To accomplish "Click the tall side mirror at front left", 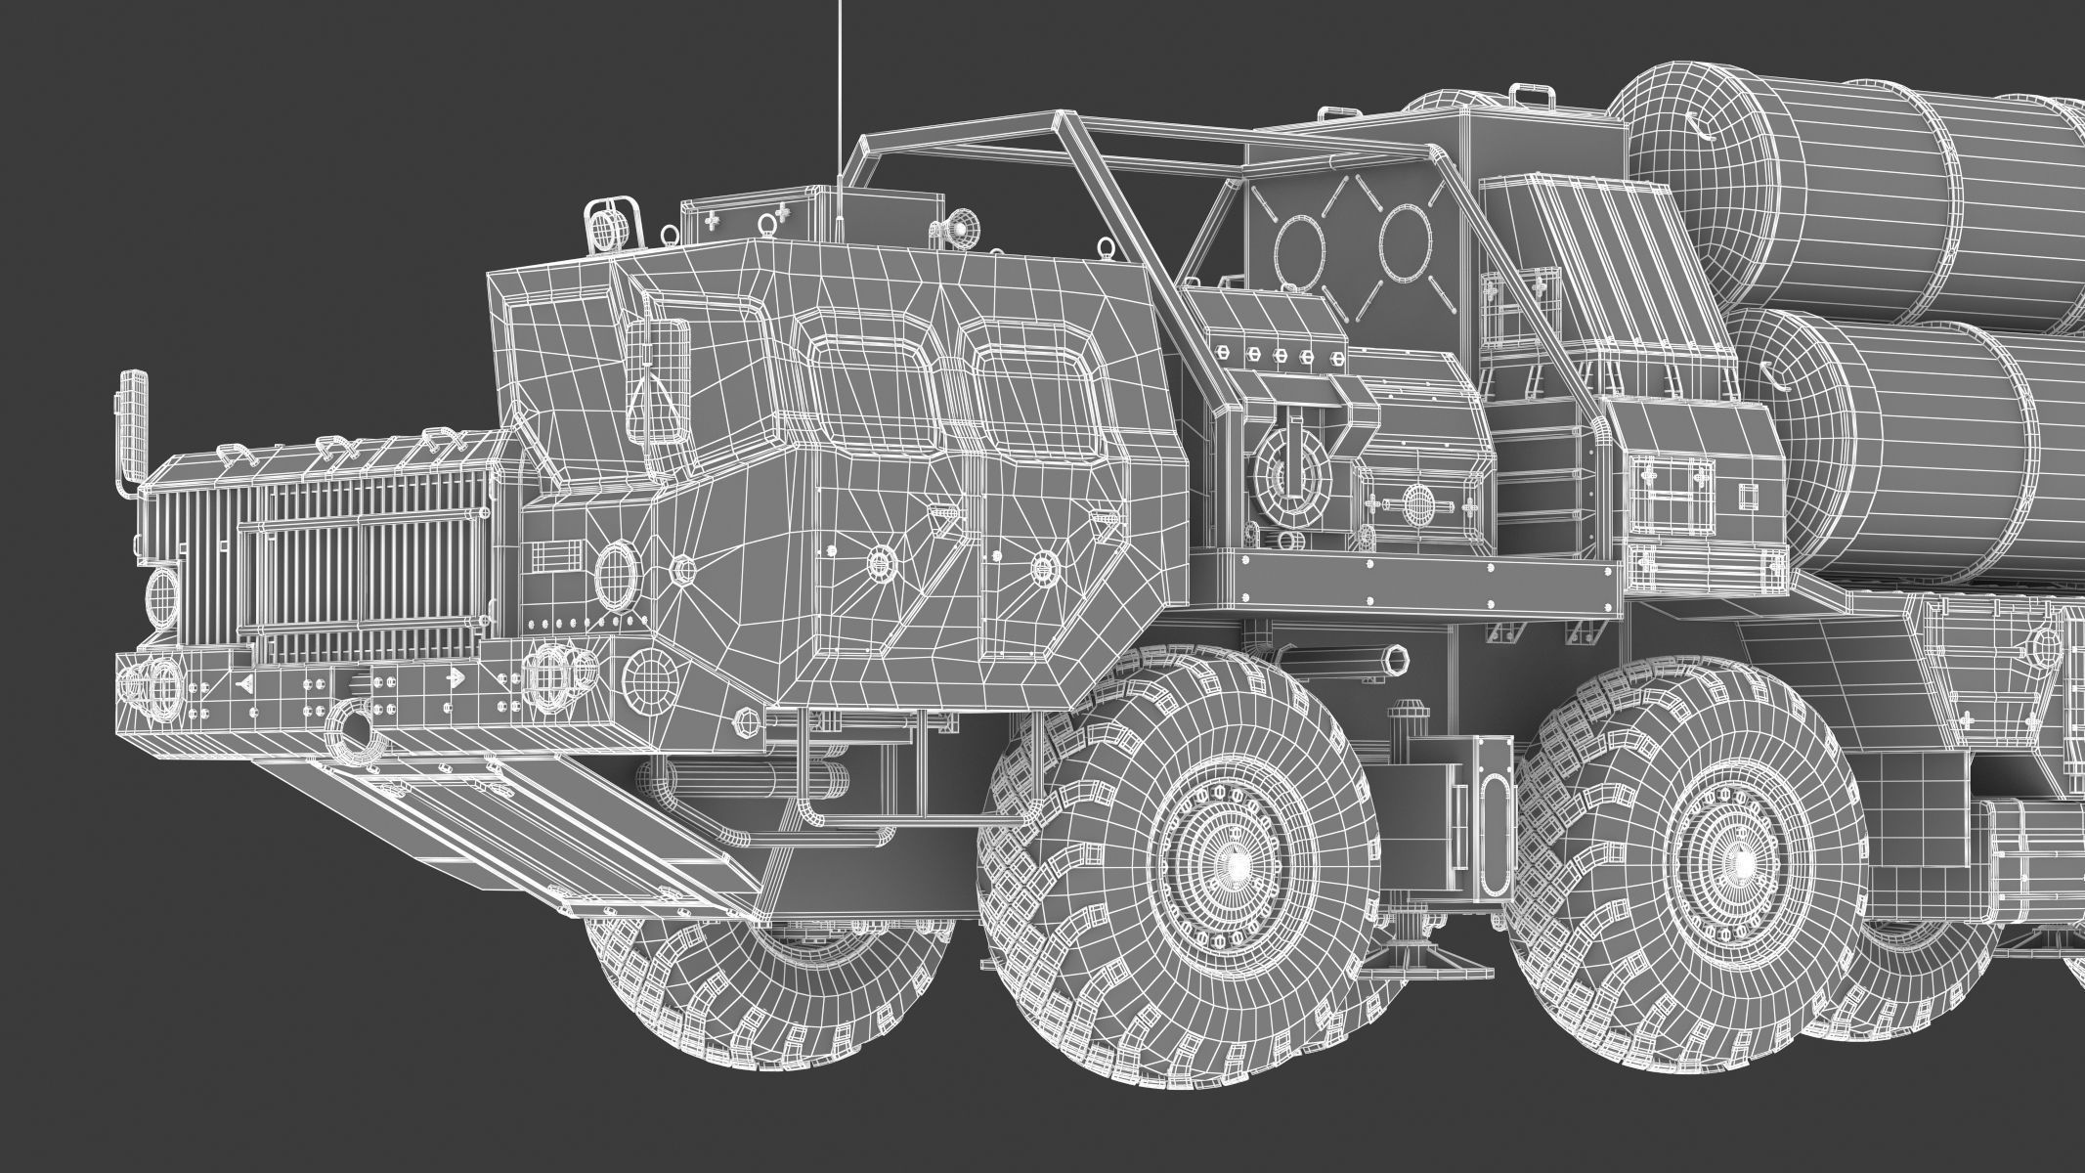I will point(132,420).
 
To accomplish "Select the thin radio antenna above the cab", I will point(839,98).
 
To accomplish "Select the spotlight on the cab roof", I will point(959,228).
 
